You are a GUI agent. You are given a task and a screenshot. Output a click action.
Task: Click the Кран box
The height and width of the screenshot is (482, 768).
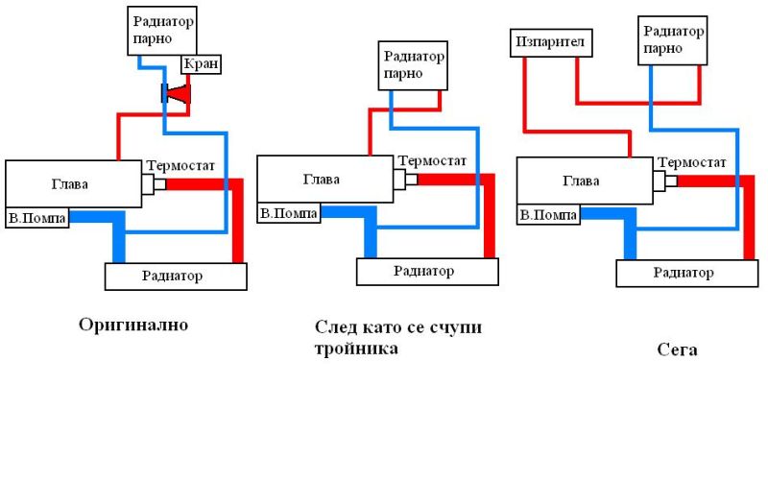tap(202, 64)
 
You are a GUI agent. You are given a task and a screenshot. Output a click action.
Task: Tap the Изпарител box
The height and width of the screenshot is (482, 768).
tap(551, 42)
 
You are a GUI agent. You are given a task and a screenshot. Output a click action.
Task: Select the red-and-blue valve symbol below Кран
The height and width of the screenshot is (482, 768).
tap(176, 93)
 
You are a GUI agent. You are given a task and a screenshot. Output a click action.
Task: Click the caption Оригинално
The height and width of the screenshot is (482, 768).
tap(133, 325)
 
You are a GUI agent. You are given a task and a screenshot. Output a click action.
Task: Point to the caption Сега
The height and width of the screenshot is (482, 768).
tap(677, 349)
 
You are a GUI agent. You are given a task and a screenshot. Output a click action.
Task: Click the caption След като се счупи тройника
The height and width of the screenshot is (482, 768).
tap(397, 338)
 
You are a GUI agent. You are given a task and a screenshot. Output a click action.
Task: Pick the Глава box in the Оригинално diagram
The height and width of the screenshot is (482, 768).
tap(74, 183)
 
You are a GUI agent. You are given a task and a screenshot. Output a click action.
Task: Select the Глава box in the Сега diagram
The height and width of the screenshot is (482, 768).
tap(585, 181)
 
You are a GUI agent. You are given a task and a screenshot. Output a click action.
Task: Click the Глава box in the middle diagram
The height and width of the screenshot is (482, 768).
tap(325, 180)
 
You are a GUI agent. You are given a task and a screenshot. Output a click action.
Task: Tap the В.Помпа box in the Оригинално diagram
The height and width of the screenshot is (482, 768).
tap(36, 218)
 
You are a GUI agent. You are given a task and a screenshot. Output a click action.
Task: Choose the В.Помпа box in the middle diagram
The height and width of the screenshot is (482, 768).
tap(289, 213)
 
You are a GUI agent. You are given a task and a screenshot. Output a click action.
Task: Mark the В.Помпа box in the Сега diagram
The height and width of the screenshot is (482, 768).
tap(548, 214)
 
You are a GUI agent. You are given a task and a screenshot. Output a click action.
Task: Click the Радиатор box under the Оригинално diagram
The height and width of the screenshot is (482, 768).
tap(176, 277)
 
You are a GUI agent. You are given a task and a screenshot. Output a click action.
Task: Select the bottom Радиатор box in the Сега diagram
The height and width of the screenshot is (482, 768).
tap(687, 274)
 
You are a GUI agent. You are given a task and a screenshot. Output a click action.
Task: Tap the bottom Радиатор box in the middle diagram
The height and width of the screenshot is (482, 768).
tap(427, 272)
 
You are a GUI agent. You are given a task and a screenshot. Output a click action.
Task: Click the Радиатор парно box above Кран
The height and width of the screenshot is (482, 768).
tap(162, 31)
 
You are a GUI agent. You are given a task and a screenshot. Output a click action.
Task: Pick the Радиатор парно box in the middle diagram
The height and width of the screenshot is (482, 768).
tap(413, 65)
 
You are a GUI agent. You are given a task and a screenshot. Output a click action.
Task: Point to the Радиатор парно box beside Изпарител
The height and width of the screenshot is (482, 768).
tap(673, 40)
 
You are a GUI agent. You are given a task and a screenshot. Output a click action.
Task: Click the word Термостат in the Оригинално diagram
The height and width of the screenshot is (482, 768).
tap(180, 166)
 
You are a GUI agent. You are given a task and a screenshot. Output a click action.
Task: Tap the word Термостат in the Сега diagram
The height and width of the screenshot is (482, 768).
tap(691, 162)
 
